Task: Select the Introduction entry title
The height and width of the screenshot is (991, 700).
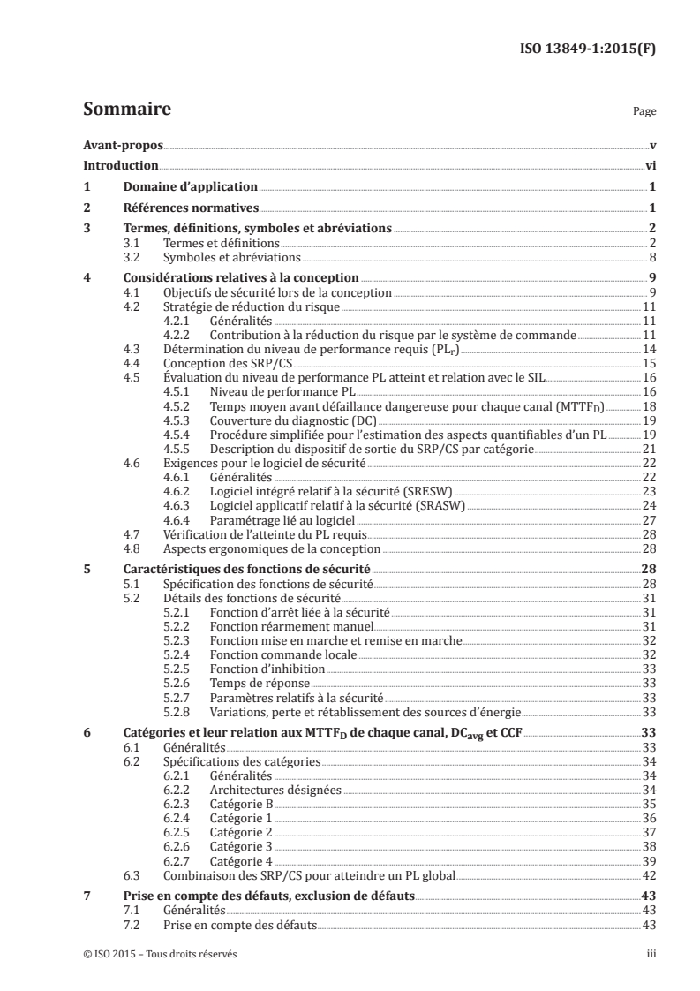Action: click(120, 165)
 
